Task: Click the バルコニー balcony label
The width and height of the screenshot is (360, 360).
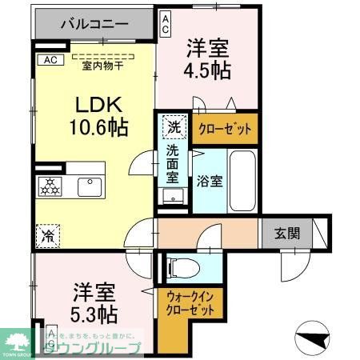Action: (94, 23)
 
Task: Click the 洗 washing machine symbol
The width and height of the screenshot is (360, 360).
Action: (173, 126)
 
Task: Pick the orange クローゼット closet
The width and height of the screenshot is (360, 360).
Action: (225, 128)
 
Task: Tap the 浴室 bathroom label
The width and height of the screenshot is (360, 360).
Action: (210, 181)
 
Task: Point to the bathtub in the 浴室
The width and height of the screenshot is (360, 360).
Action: (242, 179)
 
